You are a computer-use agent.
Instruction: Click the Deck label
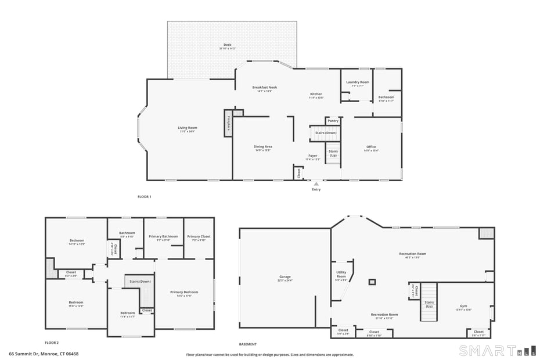(x=228, y=45)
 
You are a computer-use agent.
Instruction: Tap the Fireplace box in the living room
(x=229, y=123)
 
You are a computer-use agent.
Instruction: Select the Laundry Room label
(x=358, y=82)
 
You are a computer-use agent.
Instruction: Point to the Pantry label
(x=333, y=121)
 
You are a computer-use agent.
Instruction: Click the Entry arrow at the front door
(x=316, y=183)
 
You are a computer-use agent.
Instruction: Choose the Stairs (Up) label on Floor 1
(x=333, y=154)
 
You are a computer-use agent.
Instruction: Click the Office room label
(x=371, y=147)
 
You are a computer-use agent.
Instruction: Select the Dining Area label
(x=263, y=147)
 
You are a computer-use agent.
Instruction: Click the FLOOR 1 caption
(x=144, y=197)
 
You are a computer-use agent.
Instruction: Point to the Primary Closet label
(x=199, y=237)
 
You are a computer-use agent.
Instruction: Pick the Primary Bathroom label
(x=163, y=237)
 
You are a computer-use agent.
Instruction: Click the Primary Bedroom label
(x=184, y=292)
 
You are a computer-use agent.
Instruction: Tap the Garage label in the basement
(x=285, y=277)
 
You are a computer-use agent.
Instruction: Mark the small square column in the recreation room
(x=372, y=282)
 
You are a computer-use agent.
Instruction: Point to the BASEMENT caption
(x=249, y=343)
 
